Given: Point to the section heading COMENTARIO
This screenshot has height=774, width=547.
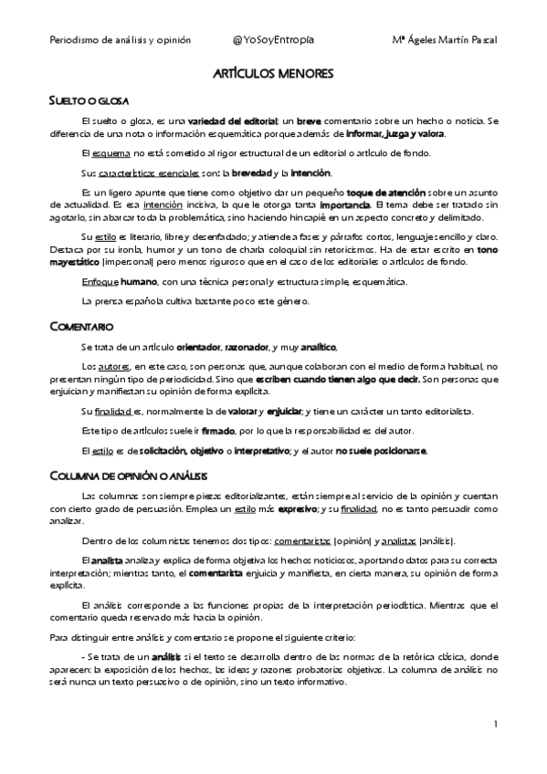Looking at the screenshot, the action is click(81, 325).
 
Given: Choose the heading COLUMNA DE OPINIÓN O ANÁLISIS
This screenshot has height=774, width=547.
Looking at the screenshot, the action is click(129, 474).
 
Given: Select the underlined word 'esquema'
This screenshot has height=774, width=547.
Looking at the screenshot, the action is click(98, 152).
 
